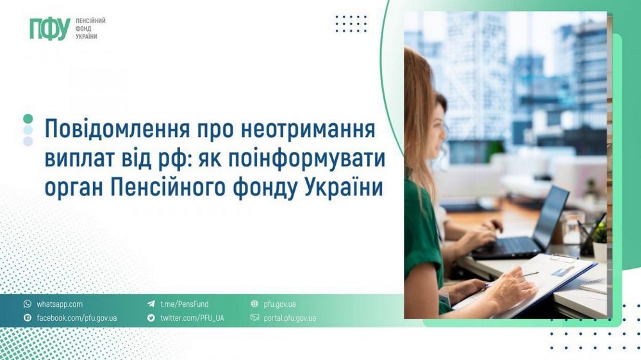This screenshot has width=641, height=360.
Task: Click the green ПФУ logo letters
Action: pos(49,29)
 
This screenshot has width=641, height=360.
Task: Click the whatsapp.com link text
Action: pos(60,304)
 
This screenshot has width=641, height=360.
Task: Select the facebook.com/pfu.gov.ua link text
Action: pos(76,318)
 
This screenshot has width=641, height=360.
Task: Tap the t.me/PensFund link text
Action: pos(184,304)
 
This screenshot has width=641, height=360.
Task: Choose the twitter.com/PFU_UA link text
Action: pos(192,318)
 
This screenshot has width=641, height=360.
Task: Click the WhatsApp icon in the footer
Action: pos(27,304)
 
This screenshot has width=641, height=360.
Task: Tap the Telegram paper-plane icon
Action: pos(151,304)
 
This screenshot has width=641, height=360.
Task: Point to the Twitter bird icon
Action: pos(151,318)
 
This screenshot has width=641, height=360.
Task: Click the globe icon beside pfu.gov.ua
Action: pos(254,304)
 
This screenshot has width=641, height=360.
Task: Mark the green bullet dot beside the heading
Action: pos(28,119)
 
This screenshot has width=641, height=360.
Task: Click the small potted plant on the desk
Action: pos(599,241)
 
